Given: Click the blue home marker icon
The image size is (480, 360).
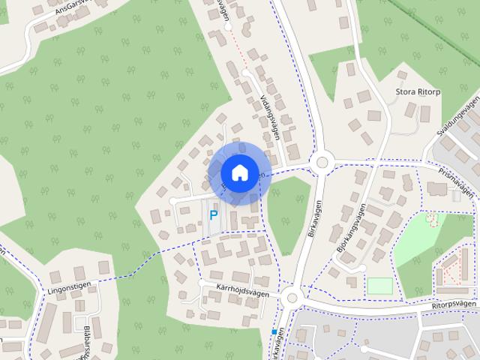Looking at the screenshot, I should (x=238, y=172).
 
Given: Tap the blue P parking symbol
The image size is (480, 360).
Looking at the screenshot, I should (x=213, y=215).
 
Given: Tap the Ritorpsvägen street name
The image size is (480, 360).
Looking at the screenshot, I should (x=453, y=307).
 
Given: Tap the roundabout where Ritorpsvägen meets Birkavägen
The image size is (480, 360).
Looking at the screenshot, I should (x=292, y=298).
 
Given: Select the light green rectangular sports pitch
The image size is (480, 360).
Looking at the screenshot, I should (x=379, y=286).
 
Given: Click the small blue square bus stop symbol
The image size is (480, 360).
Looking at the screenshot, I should (x=274, y=331).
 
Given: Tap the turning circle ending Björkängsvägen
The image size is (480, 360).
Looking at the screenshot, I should (x=361, y=267).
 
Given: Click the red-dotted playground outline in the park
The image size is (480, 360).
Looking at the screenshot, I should (x=432, y=220).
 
